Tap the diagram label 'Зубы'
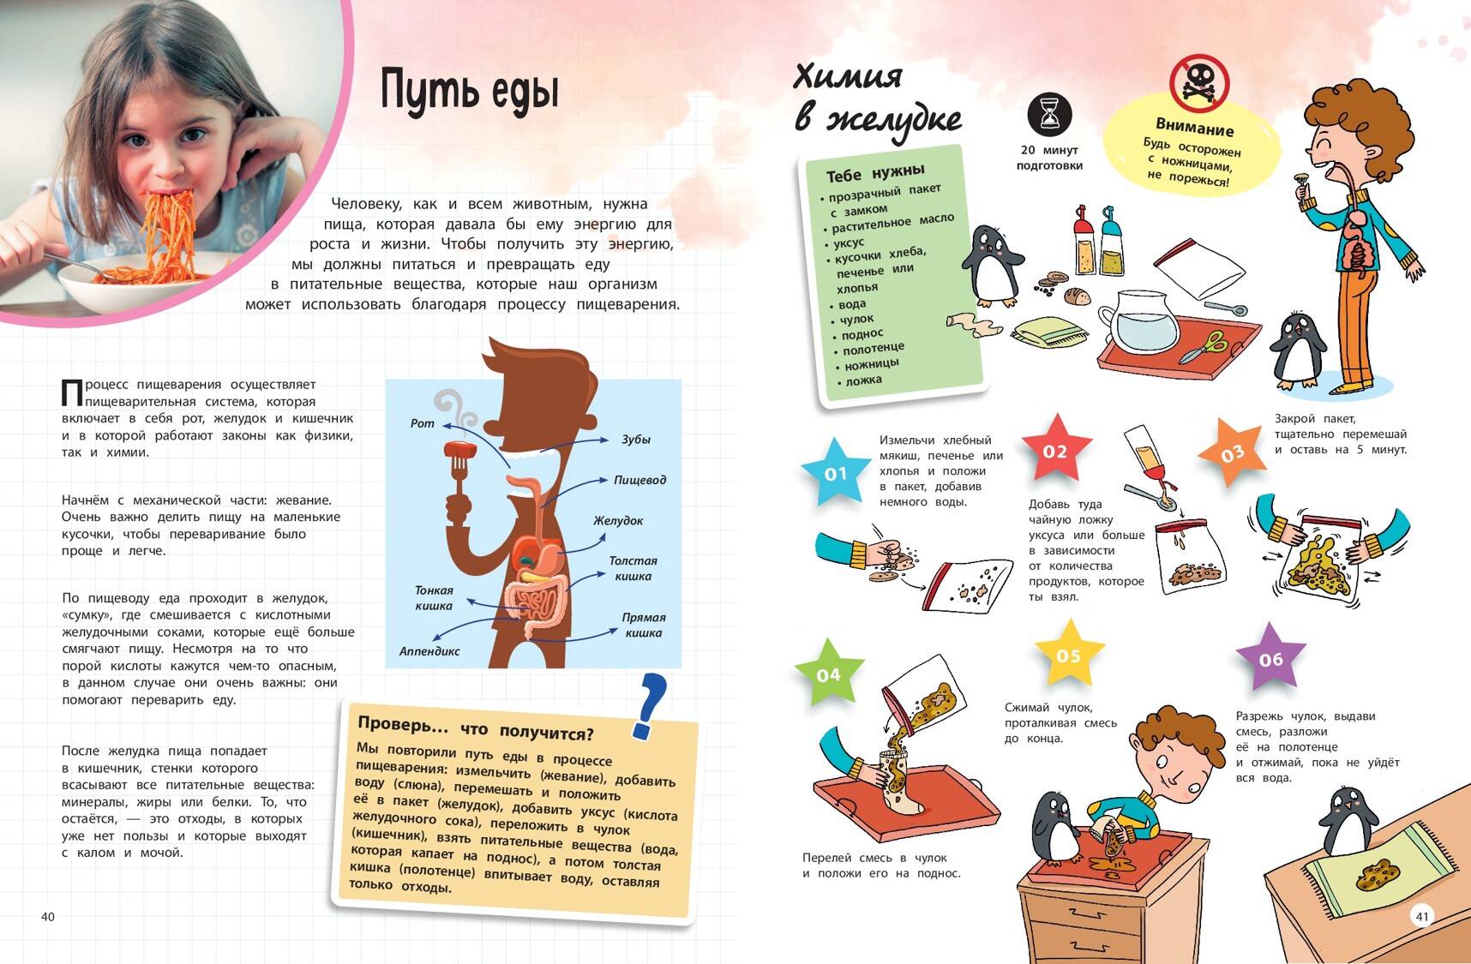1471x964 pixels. point(636,439)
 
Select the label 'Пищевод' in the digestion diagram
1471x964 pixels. point(639,480)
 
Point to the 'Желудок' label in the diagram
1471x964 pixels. point(618,520)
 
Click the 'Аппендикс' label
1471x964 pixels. point(429,651)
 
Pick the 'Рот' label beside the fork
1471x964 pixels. point(423,423)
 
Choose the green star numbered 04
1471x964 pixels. point(828,674)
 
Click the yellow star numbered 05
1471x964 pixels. point(1069,656)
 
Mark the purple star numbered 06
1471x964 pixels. point(1271,658)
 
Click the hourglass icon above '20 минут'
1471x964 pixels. point(1050,114)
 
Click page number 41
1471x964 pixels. point(1422,916)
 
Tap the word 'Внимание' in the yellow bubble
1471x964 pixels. point(1195,129)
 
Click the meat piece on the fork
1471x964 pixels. point(459,450)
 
